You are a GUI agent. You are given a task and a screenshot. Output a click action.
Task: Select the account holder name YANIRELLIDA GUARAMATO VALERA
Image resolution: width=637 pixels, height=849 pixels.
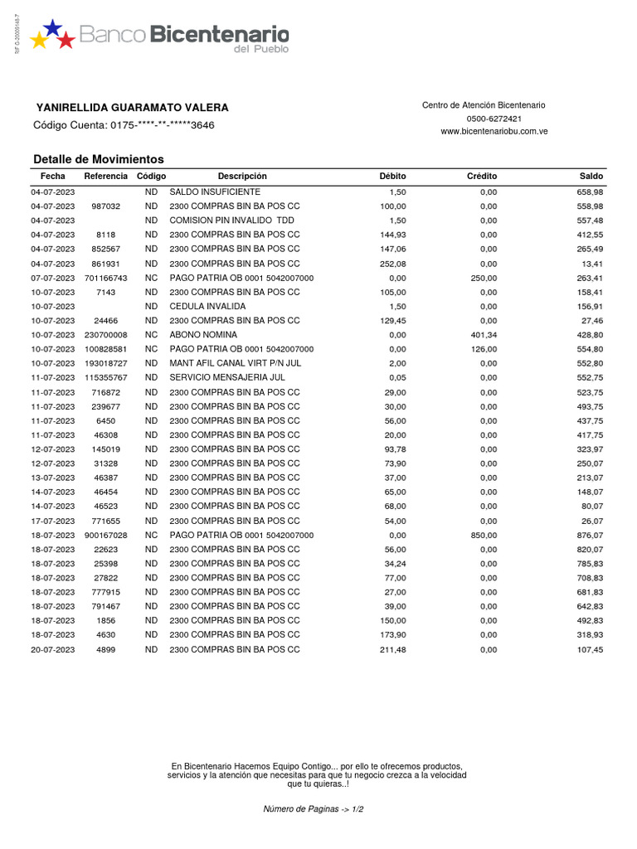click(x=133, y=108)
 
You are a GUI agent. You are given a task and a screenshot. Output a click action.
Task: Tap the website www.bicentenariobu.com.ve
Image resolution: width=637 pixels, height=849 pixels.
click(x=494, y=132)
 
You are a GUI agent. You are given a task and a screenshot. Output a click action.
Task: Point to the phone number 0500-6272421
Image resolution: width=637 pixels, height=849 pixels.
click(x=484, y=119)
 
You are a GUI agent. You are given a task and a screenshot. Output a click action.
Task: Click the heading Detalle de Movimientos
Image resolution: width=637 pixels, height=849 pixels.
click(x=99, y=159)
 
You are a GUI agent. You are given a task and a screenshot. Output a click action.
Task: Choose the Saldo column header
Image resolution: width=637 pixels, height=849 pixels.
click(x=591, y=177)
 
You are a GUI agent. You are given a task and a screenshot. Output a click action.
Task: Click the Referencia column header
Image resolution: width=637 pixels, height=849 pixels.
click(x=106, y=177)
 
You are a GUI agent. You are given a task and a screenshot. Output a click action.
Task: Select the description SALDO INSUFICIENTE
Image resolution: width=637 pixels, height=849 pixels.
click(x=208, y=192)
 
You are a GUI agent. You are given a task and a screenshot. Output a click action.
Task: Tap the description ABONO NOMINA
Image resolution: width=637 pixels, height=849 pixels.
click(x=203, y=335)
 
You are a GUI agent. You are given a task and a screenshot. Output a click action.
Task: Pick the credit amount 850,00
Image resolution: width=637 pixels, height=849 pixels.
click(x=484, y=536)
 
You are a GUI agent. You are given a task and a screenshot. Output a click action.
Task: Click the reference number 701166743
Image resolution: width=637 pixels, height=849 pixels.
click(x=106, y=278)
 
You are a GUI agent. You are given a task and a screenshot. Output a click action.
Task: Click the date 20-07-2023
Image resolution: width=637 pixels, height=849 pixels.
click(x=52, y=650)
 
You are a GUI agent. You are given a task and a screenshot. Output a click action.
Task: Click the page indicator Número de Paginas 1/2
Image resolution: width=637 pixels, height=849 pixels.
click(x=314, y=808)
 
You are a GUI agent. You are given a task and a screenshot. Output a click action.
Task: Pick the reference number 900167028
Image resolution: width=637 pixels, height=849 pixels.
click(x=106, y=536)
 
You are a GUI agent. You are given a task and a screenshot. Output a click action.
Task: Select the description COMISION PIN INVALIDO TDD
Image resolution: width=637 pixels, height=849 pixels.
click(x=231, y=221)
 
